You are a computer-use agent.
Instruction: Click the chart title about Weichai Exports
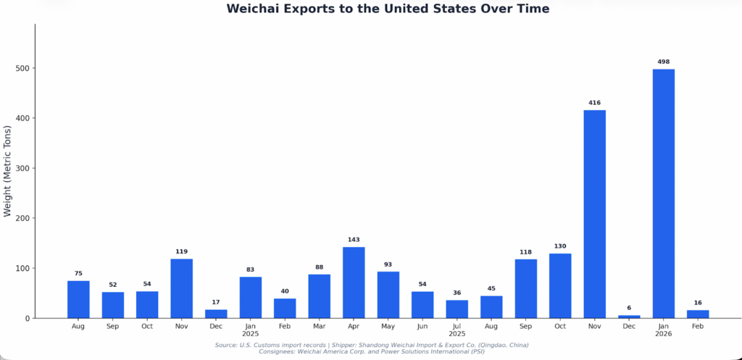[388, 9]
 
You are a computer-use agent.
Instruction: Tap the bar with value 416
[594, 214]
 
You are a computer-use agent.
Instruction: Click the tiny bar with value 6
[629, 317]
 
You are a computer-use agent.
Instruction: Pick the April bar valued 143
[354, 282]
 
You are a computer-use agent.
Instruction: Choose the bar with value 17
[216, 314]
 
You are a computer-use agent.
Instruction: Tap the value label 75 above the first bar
[78, 273]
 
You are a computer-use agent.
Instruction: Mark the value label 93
[388, 264]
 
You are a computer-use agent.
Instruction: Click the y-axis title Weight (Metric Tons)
[8, 171]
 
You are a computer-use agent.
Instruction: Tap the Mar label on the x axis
[319, 327]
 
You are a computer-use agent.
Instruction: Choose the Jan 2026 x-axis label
[663, 330]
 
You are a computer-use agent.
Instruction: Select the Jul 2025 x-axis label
[457, 330]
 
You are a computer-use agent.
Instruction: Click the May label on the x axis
[388, 327]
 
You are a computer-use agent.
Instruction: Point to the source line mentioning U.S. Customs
[372, 345]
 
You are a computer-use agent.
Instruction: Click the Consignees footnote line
[372, 352]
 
